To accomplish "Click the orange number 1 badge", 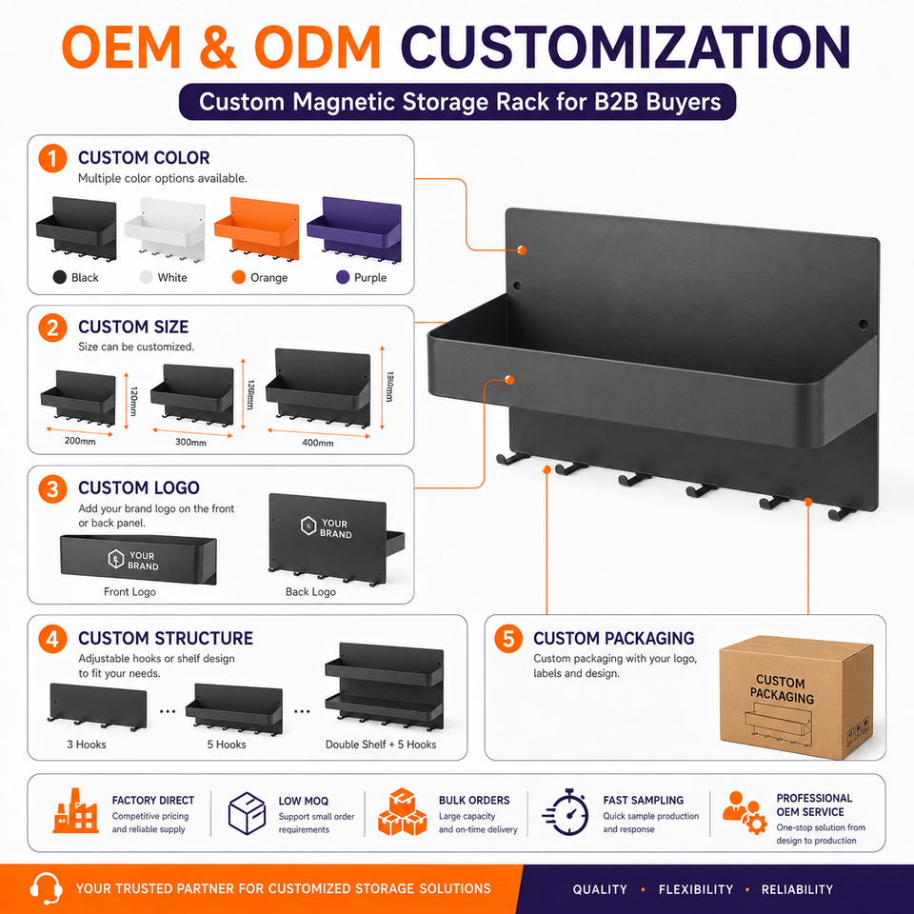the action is click(52, 158).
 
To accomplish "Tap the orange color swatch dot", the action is click(238, 277).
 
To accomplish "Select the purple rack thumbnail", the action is click(354, 230).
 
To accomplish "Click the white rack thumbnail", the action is click(165, 230).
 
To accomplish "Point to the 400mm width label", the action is click(318, 443).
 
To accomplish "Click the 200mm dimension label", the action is click(80, 441).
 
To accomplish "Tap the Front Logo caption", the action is click(129, 591).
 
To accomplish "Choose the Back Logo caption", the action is click(310, 591).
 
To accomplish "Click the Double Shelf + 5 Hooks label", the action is click(381, 745).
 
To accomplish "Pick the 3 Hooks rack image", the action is click(97, 707).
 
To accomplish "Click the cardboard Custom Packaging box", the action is click(796, 698).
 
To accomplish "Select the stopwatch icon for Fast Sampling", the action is click(565, 812).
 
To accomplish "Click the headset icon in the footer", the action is click(46, 888).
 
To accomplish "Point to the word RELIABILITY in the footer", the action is click(797, 889).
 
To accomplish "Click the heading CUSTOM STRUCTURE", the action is click(166, 638).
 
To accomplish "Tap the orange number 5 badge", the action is click(508, 638).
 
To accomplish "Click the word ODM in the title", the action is click(318, 47).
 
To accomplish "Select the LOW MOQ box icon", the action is click(248, 812).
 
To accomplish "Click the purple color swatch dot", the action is click(343, 277).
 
